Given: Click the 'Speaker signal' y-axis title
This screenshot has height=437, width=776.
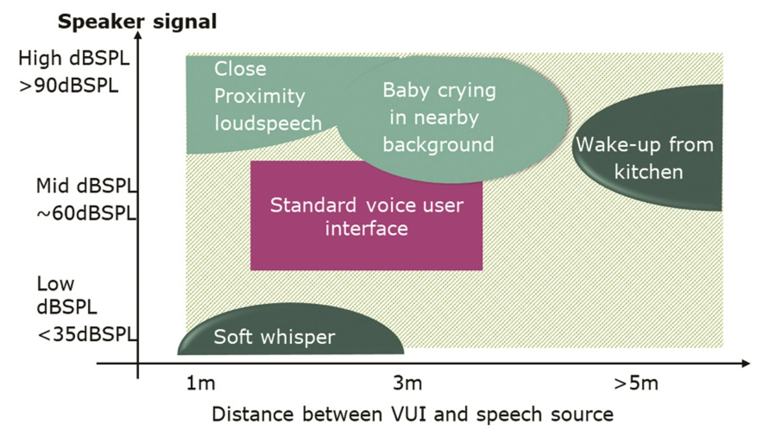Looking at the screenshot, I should coord(137,22).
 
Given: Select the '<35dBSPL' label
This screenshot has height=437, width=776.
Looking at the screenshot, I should coord(87,334).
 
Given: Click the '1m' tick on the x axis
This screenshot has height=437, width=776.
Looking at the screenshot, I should coord(200,384).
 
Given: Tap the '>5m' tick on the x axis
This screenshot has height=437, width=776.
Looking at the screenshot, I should coord(635,384).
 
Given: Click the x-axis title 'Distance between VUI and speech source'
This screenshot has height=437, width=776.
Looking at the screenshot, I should coord(412,415).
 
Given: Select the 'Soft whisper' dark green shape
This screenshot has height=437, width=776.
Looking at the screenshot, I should coord(291,331).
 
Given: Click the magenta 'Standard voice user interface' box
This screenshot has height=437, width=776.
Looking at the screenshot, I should coord(366,249).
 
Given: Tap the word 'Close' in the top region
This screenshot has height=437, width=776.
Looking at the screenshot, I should coord(240,69).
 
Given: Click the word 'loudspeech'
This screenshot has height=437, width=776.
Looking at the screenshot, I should coord(269,123).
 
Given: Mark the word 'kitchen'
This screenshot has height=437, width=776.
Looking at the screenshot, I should coord(648,172).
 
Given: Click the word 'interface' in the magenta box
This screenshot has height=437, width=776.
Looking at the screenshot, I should coord(366,229).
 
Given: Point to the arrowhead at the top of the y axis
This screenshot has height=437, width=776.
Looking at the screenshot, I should coord(138,35).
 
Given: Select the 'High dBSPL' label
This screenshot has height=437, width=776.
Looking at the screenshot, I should coord(74,59).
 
